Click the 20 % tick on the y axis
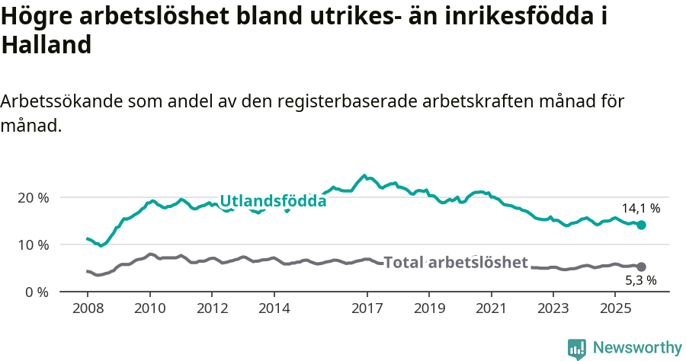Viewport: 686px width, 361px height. [x=33, y=198]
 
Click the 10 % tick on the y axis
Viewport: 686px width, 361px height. [x=33, y=245]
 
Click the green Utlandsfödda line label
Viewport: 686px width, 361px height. [x=273, y=202]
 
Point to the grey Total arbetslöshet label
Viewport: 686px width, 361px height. [x=455, y=263]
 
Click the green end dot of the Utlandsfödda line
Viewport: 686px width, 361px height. [x=642, y=225]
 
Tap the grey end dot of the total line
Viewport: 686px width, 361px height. [x=642, y=267]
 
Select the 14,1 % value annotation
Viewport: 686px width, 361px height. [x=640, y=208]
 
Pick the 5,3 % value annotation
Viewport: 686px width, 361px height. [x=640, y=280]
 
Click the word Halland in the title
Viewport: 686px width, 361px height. [x=46, y=45]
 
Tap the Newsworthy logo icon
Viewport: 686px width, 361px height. [x=577, y=349]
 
